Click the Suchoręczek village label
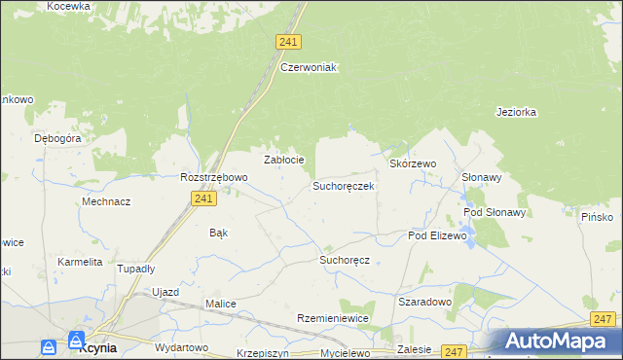pos(343,185)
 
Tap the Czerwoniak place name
pos(308,67)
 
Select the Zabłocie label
pos(285,160)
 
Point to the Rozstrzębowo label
pos(214,178)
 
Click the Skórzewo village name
pos(413,164)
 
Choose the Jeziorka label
pos(516,112)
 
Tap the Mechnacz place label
pos(106,201)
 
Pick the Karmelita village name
pos(80,262)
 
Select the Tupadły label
pos(136,269)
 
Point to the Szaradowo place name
pos(425,302)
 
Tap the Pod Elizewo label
pos(438,235)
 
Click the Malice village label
pos(221,304)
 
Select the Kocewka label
pos(68,6)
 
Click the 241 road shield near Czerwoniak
pos(288,42)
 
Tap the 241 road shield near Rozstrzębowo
pos(202,198)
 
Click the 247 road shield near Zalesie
pos(453,351)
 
